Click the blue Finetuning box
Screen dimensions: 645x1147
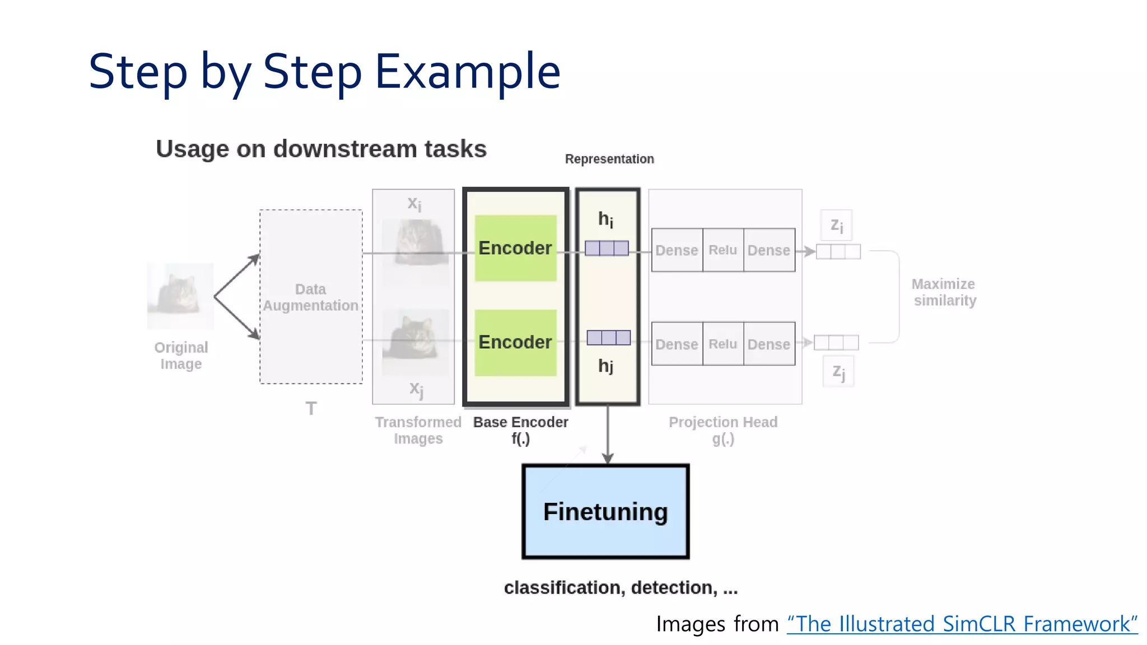click(605, 511)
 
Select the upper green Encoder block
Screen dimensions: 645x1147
click(515, 248)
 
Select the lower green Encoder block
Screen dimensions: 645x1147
click(515, 342)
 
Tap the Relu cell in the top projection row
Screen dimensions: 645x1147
click(722, 250)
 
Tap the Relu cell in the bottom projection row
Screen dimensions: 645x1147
click(722, 344)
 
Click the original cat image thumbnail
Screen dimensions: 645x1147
click(180, 296)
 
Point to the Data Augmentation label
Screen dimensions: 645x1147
click(311, 297)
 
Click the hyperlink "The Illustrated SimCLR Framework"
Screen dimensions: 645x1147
click(962, 624)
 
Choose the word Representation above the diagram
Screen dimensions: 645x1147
click(609, 159)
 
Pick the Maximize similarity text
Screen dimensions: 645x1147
click(945, 292)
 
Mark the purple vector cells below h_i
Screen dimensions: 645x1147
click(607, 248)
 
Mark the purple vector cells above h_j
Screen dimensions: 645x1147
click(608, 338)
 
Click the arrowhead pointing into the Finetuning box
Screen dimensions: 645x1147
click(608, 459)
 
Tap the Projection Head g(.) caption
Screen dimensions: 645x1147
click(723, 430)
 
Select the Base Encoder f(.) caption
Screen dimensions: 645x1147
click(520, 430)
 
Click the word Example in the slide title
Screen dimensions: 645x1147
click(468, 72)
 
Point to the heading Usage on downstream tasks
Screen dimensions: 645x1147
click(321, 149)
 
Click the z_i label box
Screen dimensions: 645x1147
click(836, 225)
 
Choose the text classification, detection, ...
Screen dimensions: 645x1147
click(621, 587)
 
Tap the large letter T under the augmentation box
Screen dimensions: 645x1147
click(311, 409)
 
